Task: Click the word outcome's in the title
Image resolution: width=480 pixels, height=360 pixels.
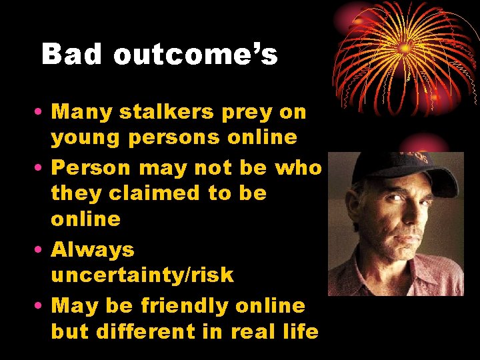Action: pos(195,55)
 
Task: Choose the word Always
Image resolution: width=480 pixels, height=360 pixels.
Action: pos(93,250)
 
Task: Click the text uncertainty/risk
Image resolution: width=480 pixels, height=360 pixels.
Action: pos(143,275)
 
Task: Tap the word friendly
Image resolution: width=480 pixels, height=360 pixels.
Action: pos(185,306)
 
